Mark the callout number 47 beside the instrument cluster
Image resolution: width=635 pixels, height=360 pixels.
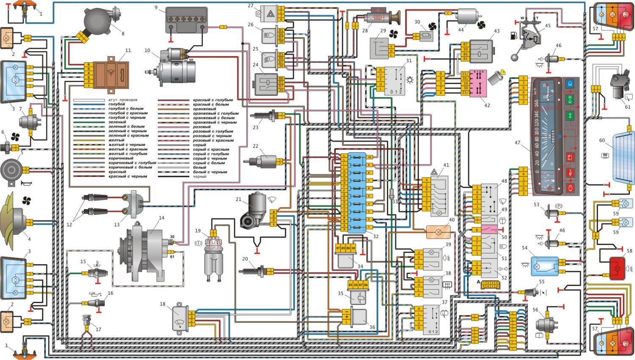point(517,143)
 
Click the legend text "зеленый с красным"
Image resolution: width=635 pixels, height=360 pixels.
point(128,135)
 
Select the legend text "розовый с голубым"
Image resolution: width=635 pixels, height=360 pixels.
point(213,131)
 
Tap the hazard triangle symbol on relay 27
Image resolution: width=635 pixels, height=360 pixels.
point(270,14)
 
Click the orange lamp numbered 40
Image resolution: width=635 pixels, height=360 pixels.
point(438,232)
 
